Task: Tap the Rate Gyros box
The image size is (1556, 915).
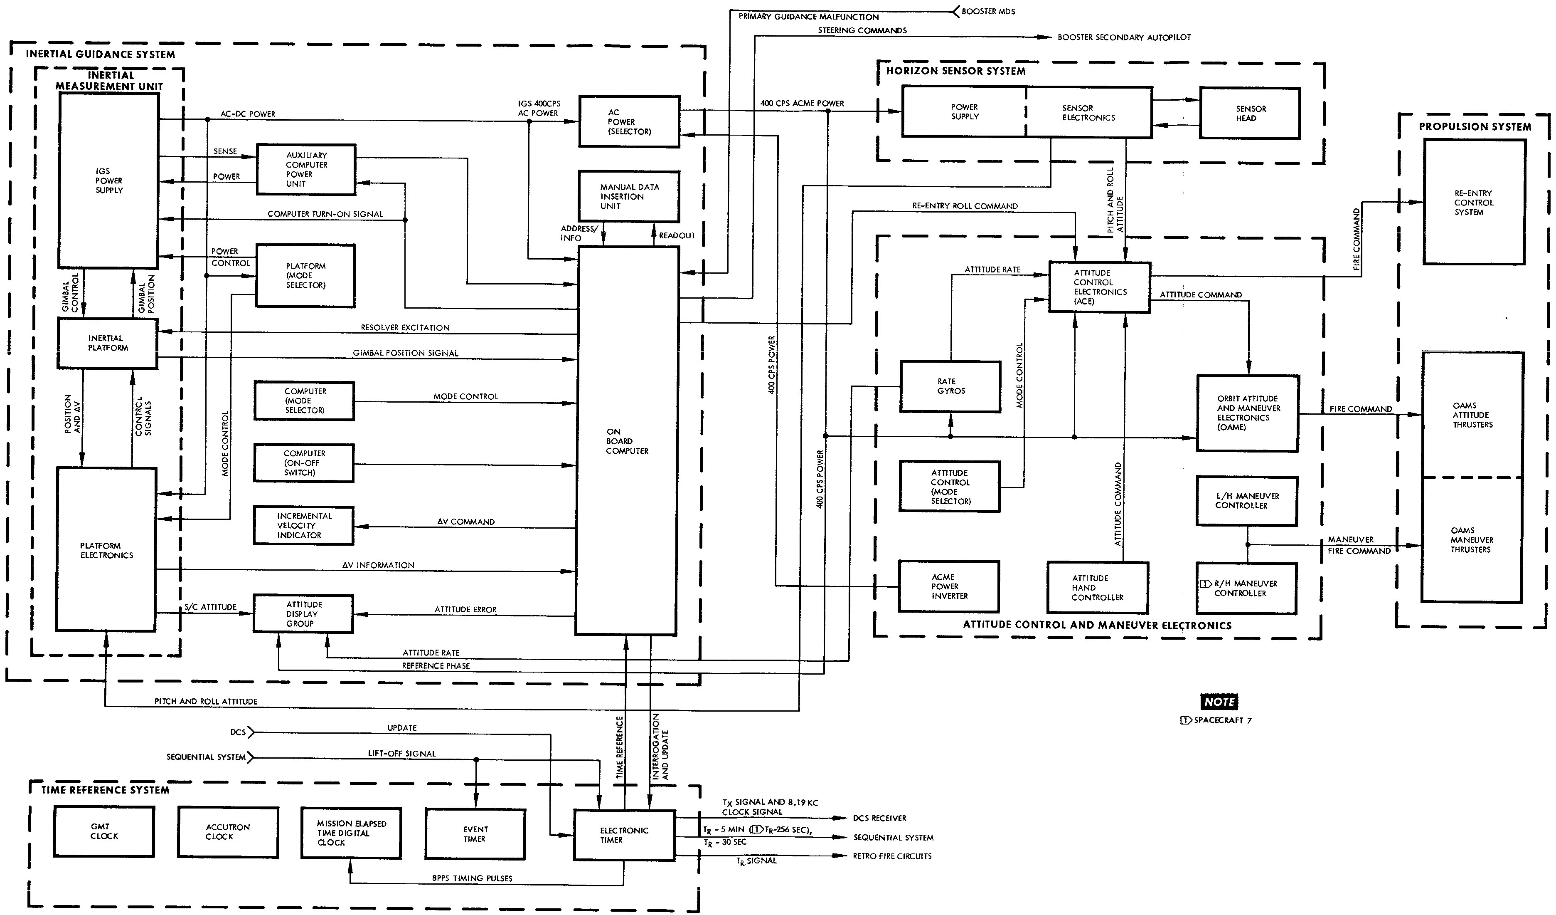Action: point(950,387)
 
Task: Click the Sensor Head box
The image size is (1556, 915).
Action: point(1249,113)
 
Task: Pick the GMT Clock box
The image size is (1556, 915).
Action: point(104,831)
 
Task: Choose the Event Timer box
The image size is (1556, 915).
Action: point(475,834)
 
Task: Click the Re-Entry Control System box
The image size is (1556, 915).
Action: point(1473,203)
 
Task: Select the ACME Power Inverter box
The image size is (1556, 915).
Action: point(948,586)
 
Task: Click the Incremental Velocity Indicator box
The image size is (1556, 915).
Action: point(303,525)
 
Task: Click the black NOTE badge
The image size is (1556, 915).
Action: point(1219,702)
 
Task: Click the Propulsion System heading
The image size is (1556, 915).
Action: point(1475,127)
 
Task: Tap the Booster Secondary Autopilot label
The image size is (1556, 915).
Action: point(1124,37)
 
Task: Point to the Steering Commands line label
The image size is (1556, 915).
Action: point(862,30)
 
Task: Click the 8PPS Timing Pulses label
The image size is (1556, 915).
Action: point(472,878)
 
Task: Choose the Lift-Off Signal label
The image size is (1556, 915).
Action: point(402,754)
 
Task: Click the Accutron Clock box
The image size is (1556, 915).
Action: point(227,831)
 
